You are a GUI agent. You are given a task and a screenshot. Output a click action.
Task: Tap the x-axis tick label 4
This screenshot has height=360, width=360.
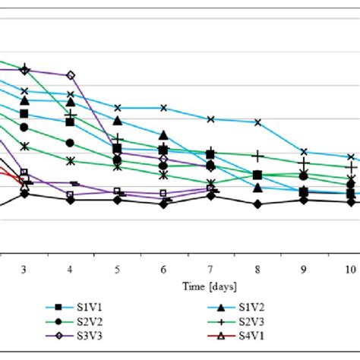point(71,270)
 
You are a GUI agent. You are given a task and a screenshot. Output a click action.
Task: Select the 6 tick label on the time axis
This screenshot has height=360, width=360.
point(164,270)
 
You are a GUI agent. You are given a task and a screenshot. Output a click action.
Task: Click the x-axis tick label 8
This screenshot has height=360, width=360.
point(257,270)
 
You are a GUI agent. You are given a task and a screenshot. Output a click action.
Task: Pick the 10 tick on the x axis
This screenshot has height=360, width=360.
point(350,270)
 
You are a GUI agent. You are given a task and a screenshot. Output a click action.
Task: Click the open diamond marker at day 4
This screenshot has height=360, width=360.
point(71,75)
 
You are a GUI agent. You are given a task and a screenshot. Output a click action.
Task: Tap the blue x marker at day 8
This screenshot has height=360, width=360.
point(257,122)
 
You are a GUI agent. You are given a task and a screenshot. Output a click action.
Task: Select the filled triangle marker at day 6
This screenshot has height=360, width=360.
point(164,135)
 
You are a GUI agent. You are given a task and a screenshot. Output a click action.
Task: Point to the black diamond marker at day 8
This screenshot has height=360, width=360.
point(257,204)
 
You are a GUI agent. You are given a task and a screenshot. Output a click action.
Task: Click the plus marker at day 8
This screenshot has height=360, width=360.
point(257,156)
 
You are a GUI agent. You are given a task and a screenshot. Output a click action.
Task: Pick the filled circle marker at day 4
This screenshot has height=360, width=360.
point(71,143)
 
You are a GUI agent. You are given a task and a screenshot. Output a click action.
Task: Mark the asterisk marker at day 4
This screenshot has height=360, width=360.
point(71,161)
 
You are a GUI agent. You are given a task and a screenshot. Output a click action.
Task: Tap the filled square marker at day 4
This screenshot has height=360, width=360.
point(71,122)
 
